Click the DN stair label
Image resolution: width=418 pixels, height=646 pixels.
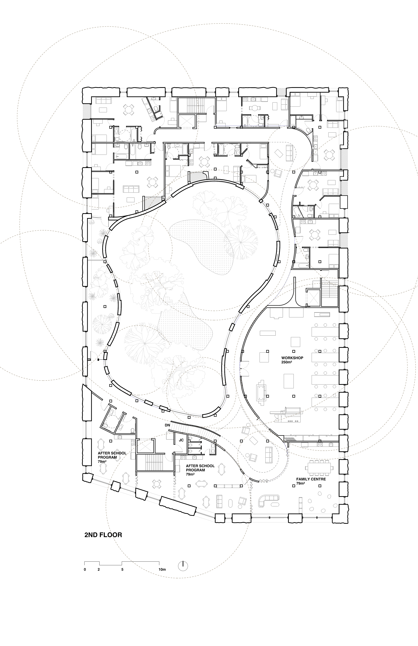pyautogui.click(x=167, y=425)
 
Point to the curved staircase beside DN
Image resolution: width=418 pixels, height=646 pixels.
pyautogui.click(x=195, y=432)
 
